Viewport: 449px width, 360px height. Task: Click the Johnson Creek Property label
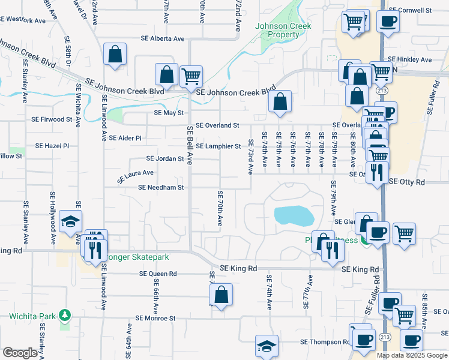[277, 30]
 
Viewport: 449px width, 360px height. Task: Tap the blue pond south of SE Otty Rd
[294, 215]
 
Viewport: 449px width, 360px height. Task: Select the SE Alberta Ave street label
[162, 38]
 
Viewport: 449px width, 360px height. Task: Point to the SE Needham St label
[160, 187]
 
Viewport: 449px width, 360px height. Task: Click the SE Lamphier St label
[218, 146]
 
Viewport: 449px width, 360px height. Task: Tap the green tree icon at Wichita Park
[65, 314]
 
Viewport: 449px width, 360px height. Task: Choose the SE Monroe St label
[155, 318]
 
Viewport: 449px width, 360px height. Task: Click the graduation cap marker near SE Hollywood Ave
[70, 223]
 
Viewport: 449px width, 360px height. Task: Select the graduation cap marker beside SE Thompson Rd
[267, 346]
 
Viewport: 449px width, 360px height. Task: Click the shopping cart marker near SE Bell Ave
[190, 76]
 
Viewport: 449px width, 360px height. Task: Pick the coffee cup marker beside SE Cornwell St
[388, 22]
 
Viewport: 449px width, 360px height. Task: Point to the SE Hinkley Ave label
[410, 60]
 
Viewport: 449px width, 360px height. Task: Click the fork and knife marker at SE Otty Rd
[376, 173]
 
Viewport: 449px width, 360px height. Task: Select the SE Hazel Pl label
[52, 146]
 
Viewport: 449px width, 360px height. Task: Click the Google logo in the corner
[20, 353]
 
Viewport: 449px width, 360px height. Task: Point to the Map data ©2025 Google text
[412, 355]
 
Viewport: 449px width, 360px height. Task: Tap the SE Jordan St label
[165, 159]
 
